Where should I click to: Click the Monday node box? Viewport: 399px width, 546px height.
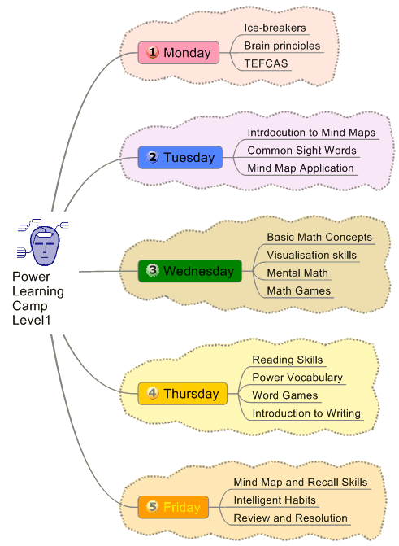pyautogui.click(x=179, y=53)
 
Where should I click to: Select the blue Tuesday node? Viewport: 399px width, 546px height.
pyautogui.click(x=180, y=157)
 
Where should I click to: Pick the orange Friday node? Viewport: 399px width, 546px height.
pyautogui.click(x=173, y=507)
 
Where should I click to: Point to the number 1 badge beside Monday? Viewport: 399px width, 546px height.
pyautogui.click(x=152, y=53)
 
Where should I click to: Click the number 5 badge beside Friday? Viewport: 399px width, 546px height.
pyautogui.click(x=152, y=507)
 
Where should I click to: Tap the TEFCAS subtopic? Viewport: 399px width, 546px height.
pyautogui.click(x=267, y=63)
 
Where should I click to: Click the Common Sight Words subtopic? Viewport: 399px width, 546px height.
pyautogui.click(x=301, y=151)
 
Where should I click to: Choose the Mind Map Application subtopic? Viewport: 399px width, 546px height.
pyautogui.click(x=301, y=168)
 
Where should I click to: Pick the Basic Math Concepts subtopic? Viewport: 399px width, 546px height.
pyautogui.click(x=319, y=238)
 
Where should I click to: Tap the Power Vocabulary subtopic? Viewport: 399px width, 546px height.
pyautogui.click(x=297, y=378)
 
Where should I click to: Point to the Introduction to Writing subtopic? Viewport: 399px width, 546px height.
pyautogui.click(x=306, y=413)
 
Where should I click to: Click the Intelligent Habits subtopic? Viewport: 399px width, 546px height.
pyautogui.click(x=275, y=500)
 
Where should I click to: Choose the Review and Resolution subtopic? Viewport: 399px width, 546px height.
pyautogui.click(x=290, y=518)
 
